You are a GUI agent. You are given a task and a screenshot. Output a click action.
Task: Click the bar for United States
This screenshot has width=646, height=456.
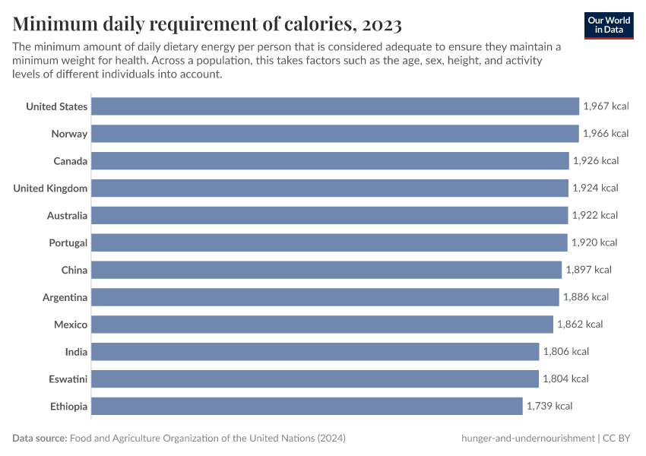(x=335, y=106)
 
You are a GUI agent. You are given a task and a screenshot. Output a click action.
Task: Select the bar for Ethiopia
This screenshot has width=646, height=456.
(x=307, y=406)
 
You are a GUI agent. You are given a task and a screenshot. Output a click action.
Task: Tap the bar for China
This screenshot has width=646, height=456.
(x=327, y=270)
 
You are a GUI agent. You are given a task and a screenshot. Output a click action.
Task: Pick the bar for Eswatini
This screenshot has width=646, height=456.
(x=315, y=378)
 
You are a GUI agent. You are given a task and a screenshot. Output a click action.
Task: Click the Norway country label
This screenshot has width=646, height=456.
(x=69, y=134)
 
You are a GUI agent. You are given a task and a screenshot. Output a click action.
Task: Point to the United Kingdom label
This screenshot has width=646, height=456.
(x=50, y=188)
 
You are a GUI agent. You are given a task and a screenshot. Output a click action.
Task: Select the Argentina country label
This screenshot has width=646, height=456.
(x=65, y=297)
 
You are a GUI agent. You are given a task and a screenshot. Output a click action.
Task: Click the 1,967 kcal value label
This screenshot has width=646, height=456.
(x=606, y=106)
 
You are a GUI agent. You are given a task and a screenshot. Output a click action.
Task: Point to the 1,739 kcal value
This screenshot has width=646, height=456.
(x=549, y=406)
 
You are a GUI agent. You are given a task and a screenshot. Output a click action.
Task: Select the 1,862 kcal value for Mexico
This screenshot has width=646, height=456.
(x=580, y=325)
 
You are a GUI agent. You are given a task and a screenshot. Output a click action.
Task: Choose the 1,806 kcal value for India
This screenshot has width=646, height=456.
(x=565, y=352)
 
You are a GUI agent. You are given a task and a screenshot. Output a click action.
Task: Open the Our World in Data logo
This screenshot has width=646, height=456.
(x=609, y=25)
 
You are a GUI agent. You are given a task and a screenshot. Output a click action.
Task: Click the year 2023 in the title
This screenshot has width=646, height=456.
(x=382, y=24)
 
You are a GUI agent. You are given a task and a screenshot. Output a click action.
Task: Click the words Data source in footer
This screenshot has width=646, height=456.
(x=39, y=439)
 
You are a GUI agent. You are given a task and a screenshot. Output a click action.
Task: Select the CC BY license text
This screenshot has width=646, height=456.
(x=619, y=439)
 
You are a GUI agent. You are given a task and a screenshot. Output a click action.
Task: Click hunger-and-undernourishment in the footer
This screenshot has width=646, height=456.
(x=527, y=439)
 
